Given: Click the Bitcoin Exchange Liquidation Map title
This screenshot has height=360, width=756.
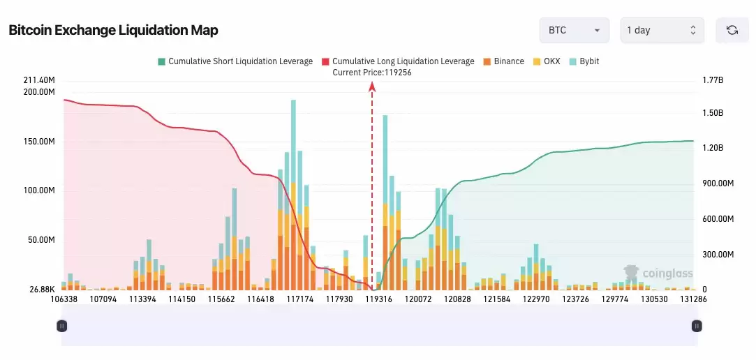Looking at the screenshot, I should (113, 30).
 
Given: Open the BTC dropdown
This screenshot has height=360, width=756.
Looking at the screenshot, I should (574, 30).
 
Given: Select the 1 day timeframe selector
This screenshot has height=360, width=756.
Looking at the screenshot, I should (662, 30).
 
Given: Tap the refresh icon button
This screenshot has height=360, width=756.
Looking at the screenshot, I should (732, 30).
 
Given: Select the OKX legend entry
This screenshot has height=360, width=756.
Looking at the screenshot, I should (547, 61).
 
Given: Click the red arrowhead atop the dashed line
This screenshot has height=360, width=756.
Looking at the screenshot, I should (372, 86).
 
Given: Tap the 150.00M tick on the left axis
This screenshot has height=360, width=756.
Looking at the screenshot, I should (39, 142).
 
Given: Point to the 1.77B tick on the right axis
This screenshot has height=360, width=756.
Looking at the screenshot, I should (713, 80).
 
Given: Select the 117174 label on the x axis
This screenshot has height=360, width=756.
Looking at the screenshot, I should (300, 299).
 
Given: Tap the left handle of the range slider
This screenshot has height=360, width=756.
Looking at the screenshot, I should (62, 326).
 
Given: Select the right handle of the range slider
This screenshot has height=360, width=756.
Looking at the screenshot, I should (696, 326).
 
